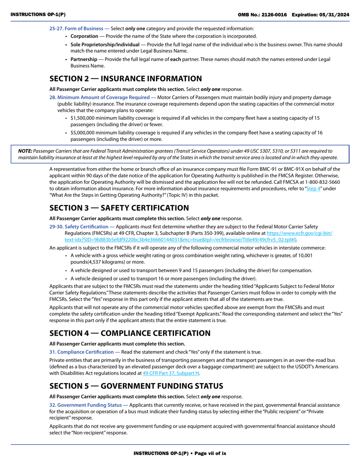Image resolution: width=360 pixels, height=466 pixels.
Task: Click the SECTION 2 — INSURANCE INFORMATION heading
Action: coord(125,79)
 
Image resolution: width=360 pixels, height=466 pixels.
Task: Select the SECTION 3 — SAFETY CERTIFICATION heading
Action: coord(119,208)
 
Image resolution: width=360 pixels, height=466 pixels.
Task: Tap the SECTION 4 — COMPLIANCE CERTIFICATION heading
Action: coord(130,333)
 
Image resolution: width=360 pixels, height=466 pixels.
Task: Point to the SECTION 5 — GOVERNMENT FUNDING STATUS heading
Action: coord(136,386)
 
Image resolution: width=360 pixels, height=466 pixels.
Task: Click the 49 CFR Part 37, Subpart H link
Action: coord(171,373)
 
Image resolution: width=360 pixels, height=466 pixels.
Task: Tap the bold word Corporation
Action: coord(84,36)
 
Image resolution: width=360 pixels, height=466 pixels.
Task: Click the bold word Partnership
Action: coord(84,59)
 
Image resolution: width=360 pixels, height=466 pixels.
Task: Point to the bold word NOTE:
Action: coord(25,151)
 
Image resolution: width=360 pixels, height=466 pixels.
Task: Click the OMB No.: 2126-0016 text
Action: coord(262,14)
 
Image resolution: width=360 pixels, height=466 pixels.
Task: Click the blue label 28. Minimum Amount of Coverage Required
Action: coord(100,97)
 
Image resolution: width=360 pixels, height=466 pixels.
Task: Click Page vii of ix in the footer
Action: coord(210,453)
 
